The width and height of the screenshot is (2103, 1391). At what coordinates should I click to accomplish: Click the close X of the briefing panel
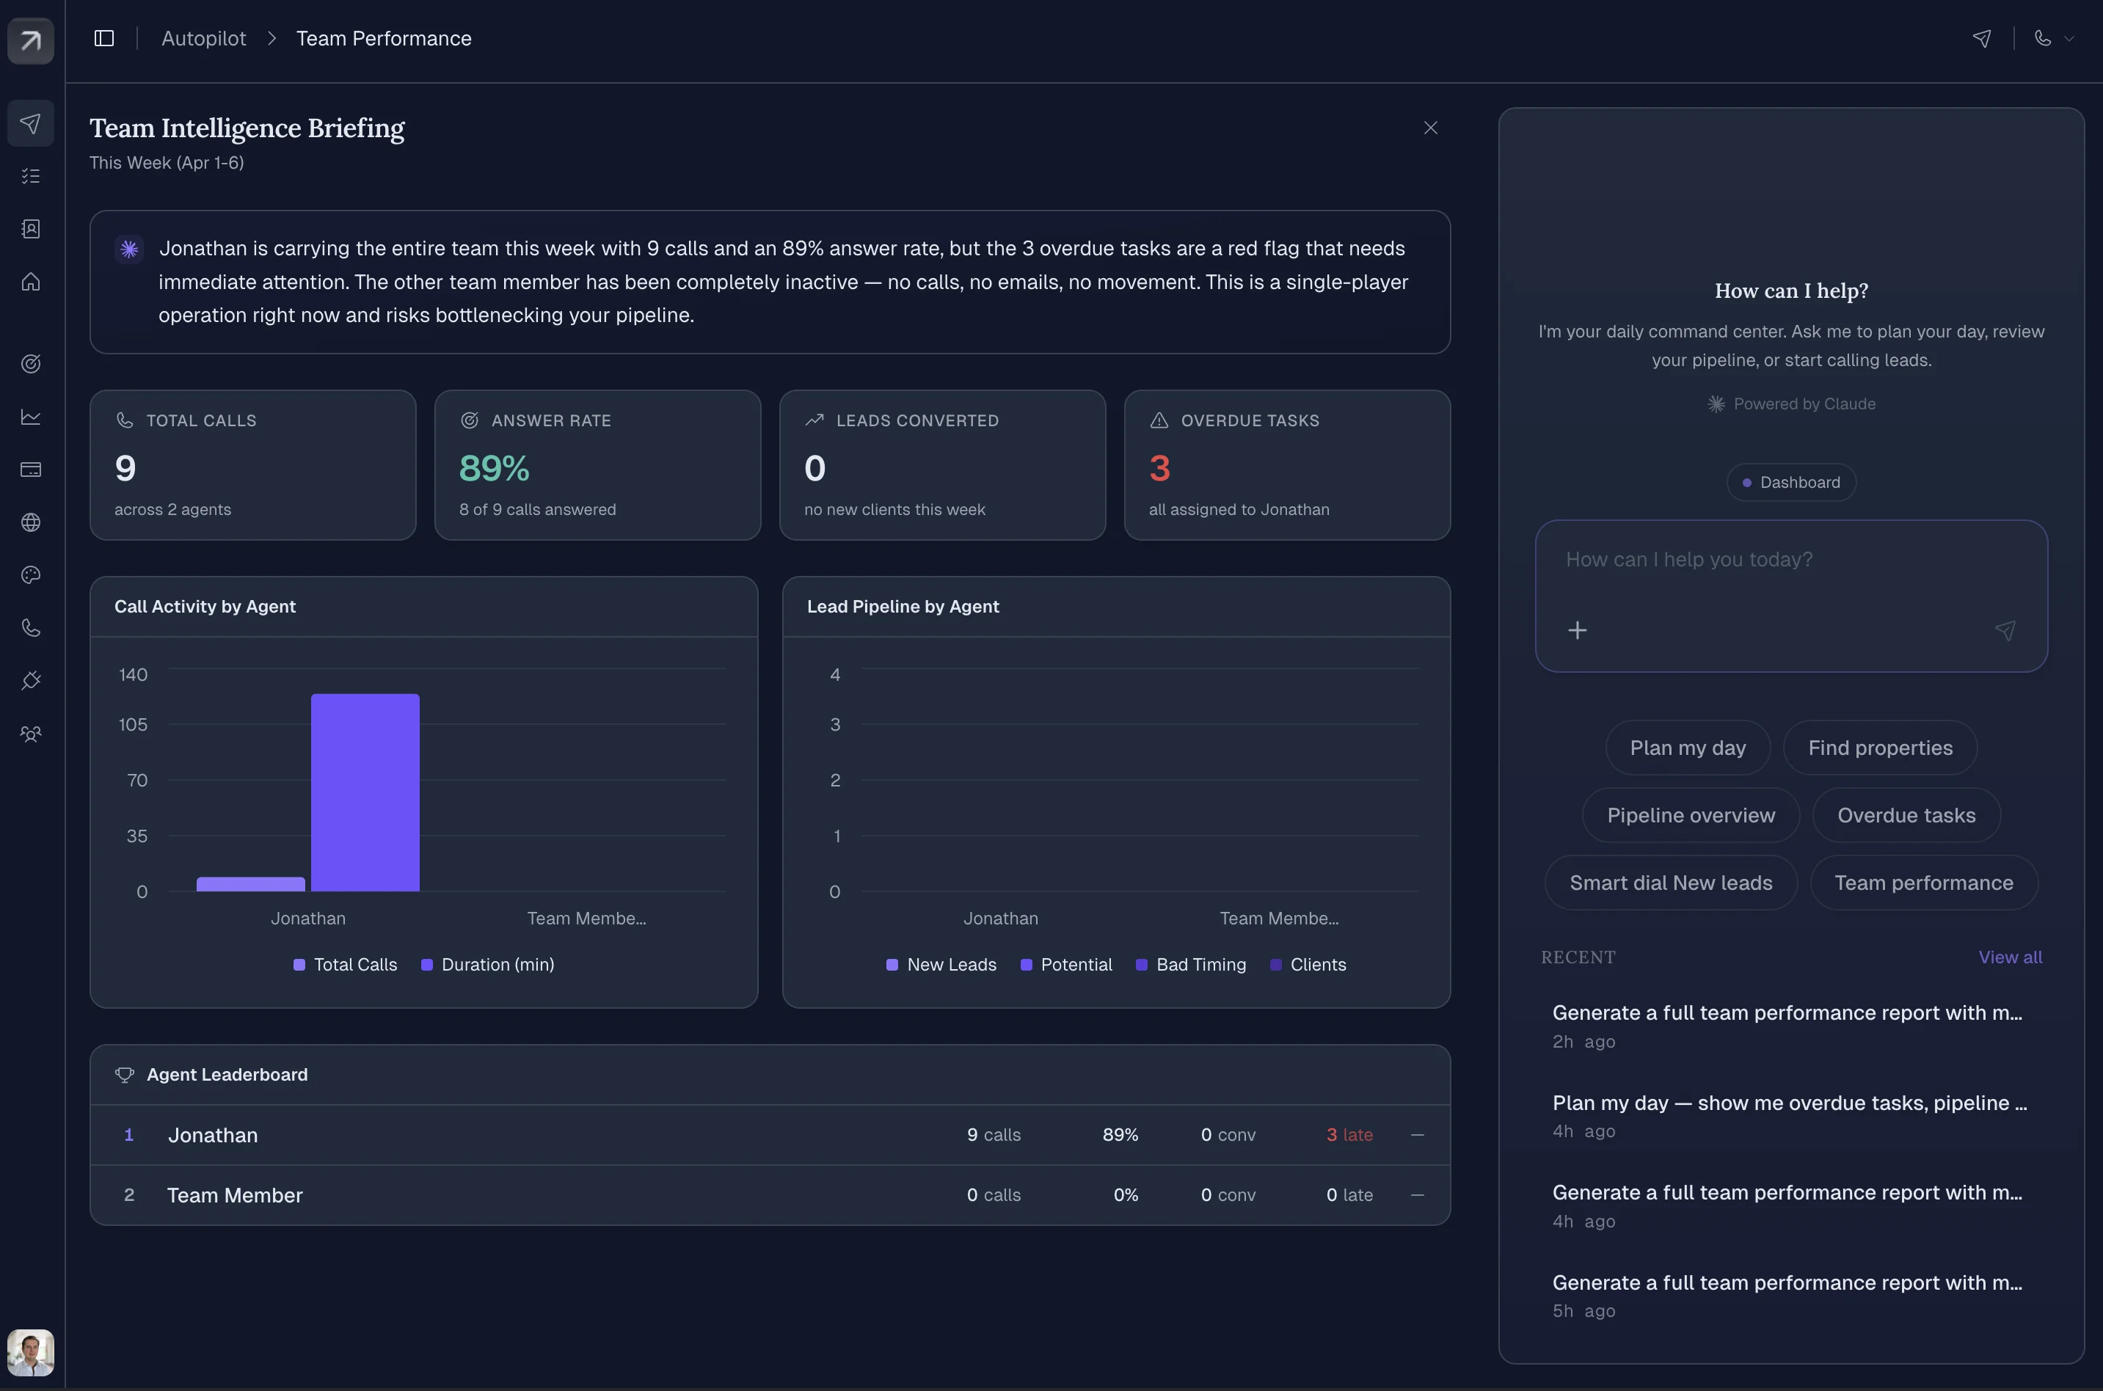[x=1430, y=128]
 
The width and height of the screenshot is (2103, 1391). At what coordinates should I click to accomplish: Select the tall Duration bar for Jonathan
[x=365, y=792]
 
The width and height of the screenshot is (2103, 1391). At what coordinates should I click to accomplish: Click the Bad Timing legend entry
[x=1191, y=964]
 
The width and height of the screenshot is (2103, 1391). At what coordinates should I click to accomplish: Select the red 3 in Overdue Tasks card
[x=1160, y=468]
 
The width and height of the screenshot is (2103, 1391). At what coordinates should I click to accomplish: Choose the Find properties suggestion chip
[x=1879, y=748]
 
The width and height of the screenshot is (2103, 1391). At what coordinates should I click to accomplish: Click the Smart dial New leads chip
[x=1670, y=883]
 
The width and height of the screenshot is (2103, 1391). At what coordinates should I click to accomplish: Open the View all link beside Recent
[x=2010, y=957]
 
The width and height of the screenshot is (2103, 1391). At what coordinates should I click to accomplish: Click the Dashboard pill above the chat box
[x=1790, y=483]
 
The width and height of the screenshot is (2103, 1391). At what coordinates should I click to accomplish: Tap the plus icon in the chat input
[x=1577, y=631]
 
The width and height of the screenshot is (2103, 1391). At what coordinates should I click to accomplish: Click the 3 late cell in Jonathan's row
[x=1349, y=1135]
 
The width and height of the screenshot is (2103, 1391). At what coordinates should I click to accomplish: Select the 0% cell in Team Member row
[x=1125, y=1195]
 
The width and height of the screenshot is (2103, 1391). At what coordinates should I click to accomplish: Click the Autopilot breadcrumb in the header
[x=203, y=38]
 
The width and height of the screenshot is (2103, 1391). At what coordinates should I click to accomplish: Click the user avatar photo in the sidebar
[x=31, y=1352]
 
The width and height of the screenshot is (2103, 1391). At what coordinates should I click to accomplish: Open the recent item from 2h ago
[x=1786, y=1025]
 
